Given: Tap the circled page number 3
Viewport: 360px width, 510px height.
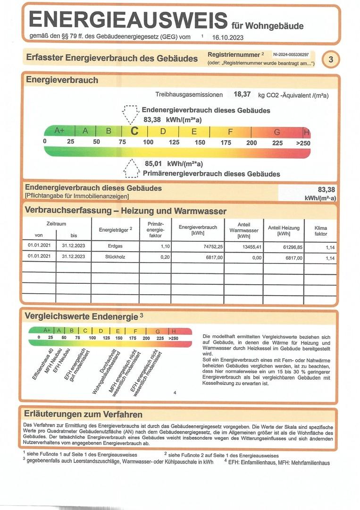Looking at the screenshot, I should [x=331, y=59].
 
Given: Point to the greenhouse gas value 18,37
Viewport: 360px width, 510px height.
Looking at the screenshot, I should [x=242, y=94].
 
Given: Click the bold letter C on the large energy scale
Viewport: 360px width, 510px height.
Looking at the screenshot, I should [x=134, y=131].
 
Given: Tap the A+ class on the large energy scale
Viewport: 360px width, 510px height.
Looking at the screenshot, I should [x=59, y=131].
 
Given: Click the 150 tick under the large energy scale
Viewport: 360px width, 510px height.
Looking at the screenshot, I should [x=200, y=143].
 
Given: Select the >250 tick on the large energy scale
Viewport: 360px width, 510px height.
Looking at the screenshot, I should [x=303, y=143].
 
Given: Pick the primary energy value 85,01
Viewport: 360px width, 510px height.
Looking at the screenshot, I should [x=153, y=164].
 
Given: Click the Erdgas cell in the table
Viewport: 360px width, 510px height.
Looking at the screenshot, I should [x=115, y=246].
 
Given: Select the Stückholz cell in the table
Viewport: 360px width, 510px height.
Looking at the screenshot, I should [x=115, y=257].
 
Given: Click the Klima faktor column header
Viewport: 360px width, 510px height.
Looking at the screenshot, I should [x=321, y=231].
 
